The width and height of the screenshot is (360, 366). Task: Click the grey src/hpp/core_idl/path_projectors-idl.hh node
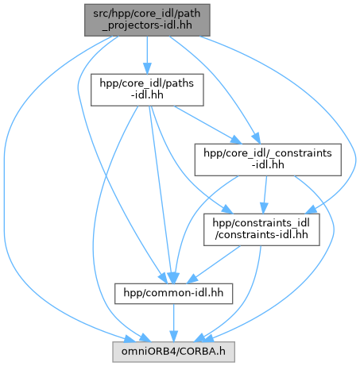coord(147,20)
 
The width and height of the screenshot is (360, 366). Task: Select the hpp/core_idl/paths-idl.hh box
coord(147,90)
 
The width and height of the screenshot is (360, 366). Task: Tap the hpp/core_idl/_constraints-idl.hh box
coord(268,160)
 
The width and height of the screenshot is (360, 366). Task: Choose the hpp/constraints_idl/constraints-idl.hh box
coord(261,229)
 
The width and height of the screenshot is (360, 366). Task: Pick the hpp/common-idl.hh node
coord(173,294)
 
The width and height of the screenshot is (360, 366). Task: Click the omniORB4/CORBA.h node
coord(173,352)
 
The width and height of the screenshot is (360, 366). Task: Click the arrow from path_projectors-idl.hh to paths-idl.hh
coord(147,55)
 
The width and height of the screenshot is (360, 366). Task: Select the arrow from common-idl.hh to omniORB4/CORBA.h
coord(174,323)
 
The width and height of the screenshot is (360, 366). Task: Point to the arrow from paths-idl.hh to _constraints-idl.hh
coord(207,125)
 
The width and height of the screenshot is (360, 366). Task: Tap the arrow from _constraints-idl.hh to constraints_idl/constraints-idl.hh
coord(265,195)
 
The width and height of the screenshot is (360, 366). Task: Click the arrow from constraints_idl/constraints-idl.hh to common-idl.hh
coord(214,264)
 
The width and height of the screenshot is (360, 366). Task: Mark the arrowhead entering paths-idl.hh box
coord(147,68)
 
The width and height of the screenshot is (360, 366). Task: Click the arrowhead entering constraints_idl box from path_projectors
coord(311,210)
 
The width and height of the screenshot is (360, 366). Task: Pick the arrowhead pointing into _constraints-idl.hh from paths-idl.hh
coord(236,140)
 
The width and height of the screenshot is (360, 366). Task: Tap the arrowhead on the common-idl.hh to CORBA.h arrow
coord(174,336)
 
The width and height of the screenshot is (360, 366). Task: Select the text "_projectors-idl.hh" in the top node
coord(147,25)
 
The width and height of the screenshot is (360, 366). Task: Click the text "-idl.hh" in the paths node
coord(147,95)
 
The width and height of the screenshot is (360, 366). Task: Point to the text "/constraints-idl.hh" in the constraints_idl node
coord(261,235)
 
